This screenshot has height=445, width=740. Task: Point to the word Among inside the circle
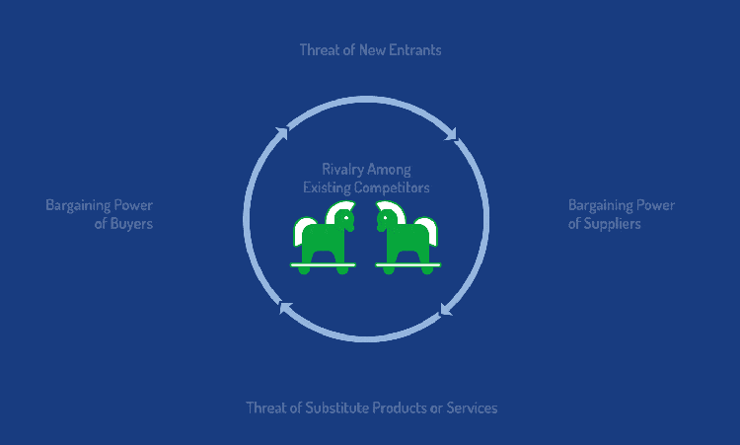[x=392, y=170]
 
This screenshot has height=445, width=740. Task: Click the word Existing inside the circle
[x=327, y=186]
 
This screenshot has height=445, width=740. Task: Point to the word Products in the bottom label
[x=404, y=408]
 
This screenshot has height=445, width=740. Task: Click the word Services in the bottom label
[x=472, y=408]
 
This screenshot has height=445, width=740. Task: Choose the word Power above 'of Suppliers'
[x=652, y=205]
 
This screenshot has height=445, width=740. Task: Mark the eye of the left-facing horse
[x=386, y=217]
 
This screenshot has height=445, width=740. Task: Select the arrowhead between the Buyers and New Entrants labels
[x=281, y=131]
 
